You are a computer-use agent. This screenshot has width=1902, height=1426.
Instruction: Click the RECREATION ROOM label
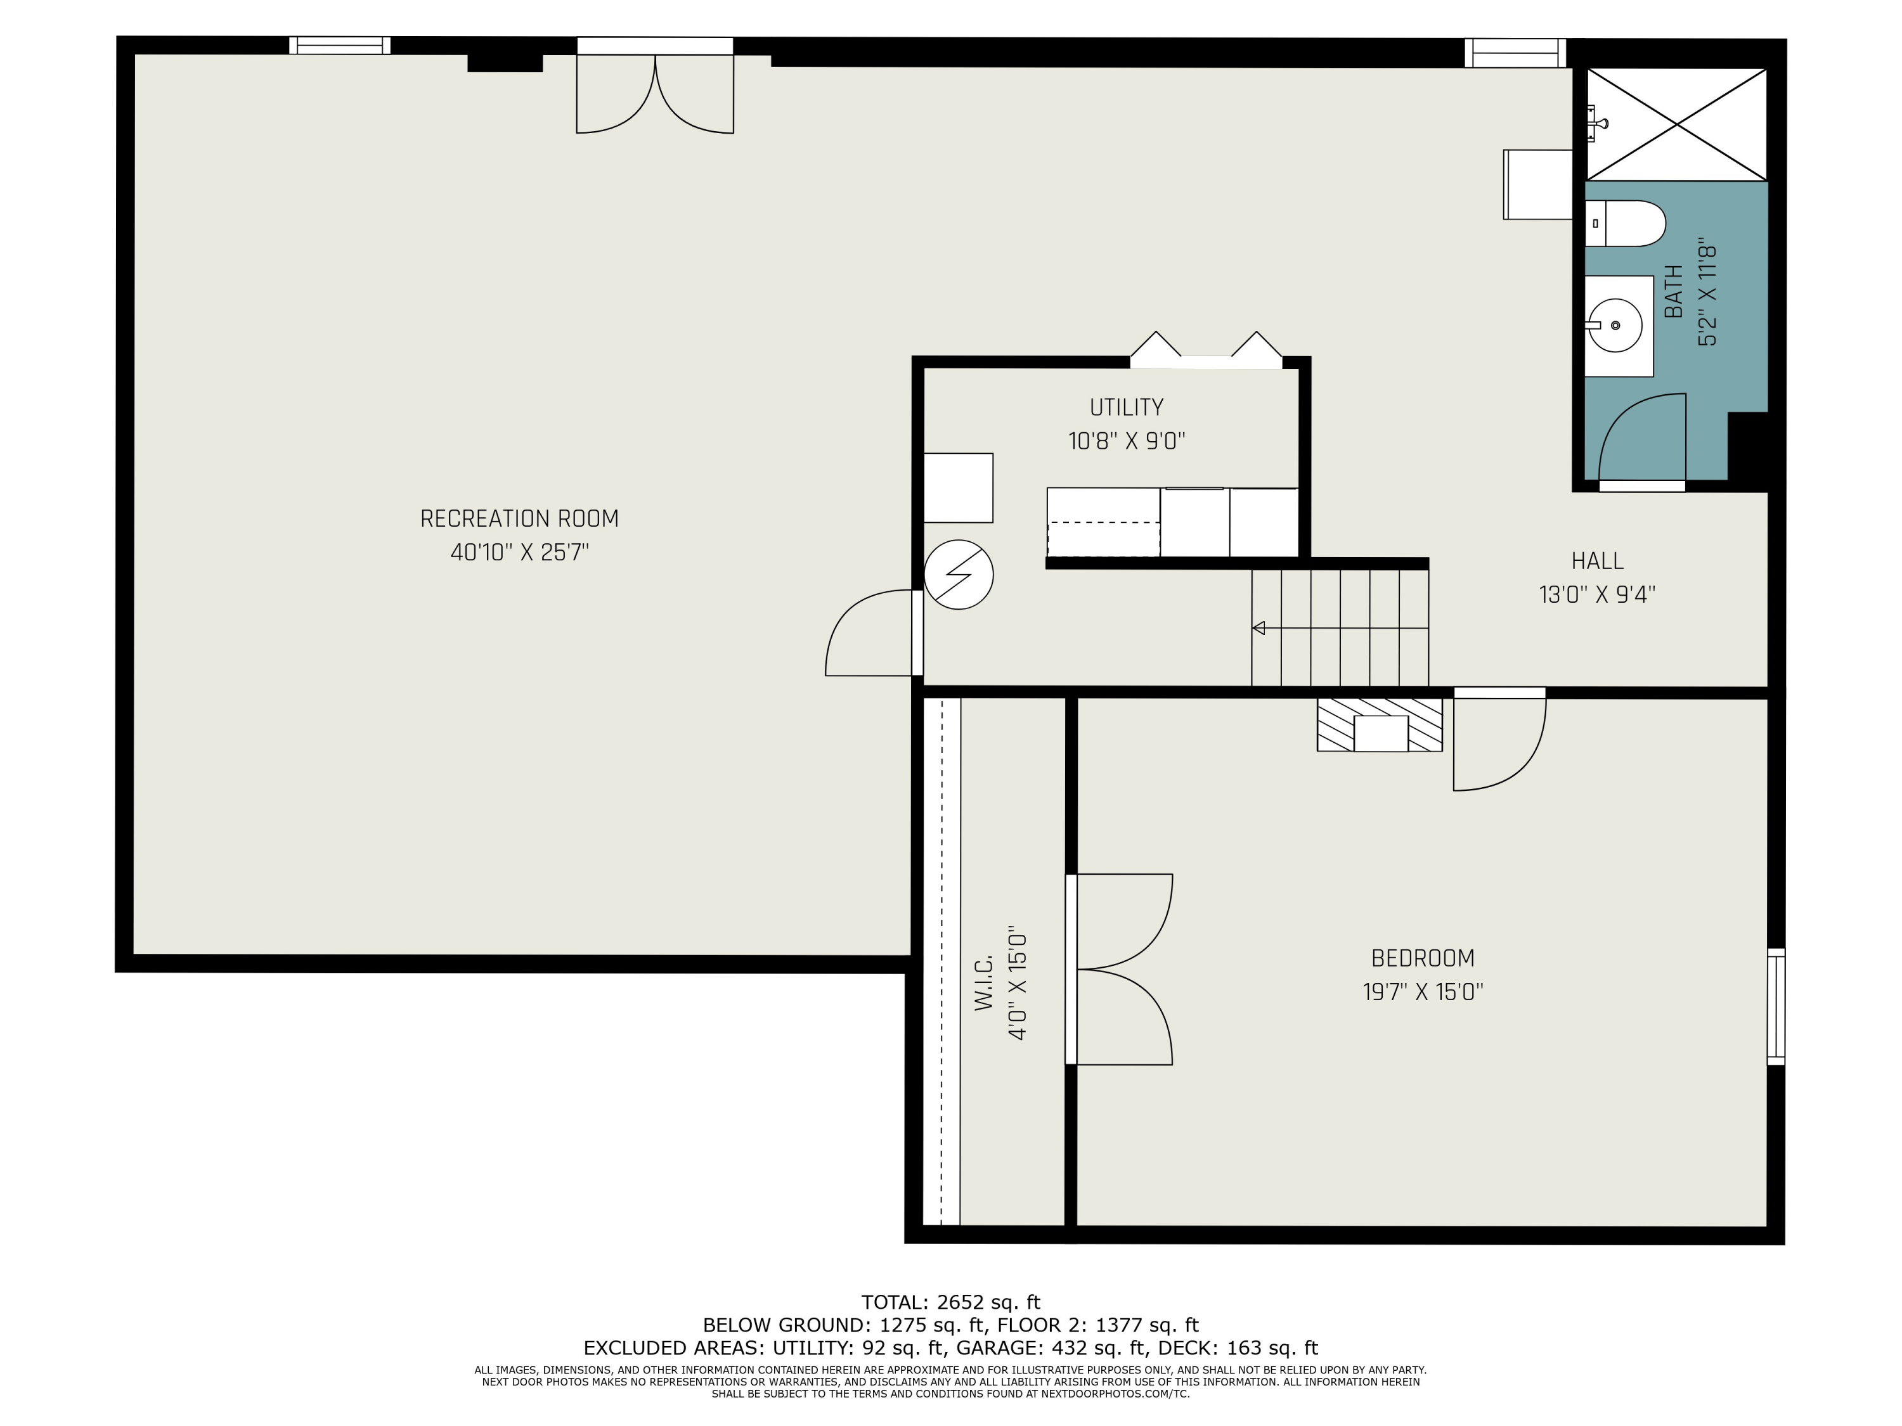pyautogui.click(x=519, y=518)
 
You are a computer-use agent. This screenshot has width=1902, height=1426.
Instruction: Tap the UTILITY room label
pyautogui.click(x=1127, y=407)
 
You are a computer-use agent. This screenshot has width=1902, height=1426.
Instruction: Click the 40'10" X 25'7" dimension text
pyautogui.click(x=519, y=552)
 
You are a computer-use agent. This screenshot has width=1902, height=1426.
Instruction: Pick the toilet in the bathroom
pyautogui.click(x=1625, y=224)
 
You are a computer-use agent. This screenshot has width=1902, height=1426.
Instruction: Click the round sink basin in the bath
pyautogui.click(x=1615, y=326)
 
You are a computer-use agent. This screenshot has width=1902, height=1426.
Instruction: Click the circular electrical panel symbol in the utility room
pyautogui.click(x=959, y=574)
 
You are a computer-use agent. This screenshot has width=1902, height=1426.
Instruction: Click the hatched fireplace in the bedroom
pyautogui.click(x=1379, y=724)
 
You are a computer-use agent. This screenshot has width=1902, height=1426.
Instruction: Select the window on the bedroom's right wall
pyautogui.click(x=1776, y=1006)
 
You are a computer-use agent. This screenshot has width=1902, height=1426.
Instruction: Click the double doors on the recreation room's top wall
pyautogui.click(x=654, y=86)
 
